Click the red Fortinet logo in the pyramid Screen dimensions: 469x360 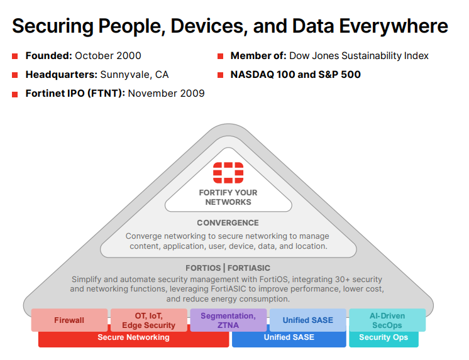(x=228, y=173)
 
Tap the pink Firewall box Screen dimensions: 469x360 (x=69, y=320)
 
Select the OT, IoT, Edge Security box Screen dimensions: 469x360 (x=148, y=320)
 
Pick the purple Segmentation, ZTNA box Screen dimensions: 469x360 (x=228, y=320)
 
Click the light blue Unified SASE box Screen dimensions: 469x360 (x=308, y=320)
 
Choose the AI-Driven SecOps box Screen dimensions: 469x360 (x=387, y=320)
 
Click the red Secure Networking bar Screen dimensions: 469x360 (x=133, y=339)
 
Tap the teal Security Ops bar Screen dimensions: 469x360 (x=383, y=339)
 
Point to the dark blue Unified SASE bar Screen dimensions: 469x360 (x=289, y=339)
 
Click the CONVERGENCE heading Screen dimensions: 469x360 (x=228, y=223)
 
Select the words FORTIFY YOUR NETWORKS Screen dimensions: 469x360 (x=228, y=197)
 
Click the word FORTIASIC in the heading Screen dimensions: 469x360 (x=249, y=268)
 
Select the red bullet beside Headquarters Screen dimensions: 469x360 (x=15, y=75)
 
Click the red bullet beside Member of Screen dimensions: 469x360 (x=221, y=56)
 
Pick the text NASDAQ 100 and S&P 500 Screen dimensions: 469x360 (x=295, y=75)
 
